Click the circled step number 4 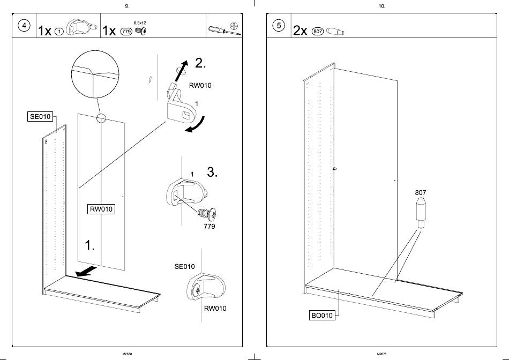point(24,25)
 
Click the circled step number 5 point(279,25)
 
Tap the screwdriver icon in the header point(224,31)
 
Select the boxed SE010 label point(40,117)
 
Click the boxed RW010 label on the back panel point(101,209)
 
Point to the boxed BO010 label point(321,315)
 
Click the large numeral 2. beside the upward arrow point(200,63)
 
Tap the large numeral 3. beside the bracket point(212,172)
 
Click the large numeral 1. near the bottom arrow point(89,245)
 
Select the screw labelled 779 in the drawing point(207,214)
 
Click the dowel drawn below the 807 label point(421,213)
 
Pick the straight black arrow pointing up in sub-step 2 point(181,71)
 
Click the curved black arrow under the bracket point(196,125)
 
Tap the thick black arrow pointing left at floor point(86,272)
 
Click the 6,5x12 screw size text point(140,23)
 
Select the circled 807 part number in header point(318,32)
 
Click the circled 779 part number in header point(126,32)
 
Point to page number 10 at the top point(381,6)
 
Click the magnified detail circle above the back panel point(95,74)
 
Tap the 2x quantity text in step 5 point(300,31)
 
